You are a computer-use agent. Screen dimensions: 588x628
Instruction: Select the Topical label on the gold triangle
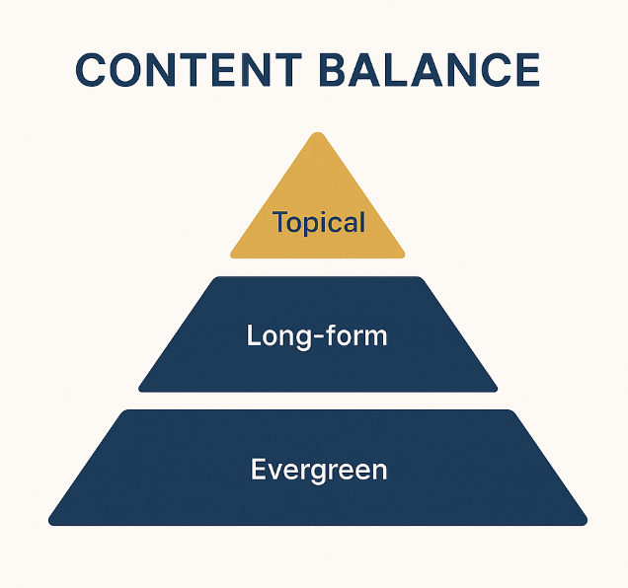click(319, 222)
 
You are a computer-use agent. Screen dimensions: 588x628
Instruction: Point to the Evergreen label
click(319, 470)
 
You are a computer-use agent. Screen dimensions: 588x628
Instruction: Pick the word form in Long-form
click(355, 335)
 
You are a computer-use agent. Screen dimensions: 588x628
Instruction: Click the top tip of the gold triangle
click(318, 135)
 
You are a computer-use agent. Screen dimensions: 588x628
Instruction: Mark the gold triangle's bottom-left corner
click(234, 255)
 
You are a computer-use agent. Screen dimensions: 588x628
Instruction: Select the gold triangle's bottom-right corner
click(402, 255)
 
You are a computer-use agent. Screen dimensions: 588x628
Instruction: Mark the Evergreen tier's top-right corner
click(510, 412)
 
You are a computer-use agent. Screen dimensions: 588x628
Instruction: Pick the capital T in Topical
click(279, 222)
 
